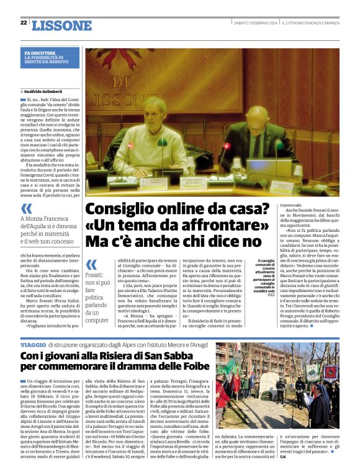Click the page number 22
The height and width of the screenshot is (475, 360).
(24, 22)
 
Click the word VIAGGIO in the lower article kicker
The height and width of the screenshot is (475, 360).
(32, 344)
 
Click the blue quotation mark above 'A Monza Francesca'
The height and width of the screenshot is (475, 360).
(26, 208)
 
